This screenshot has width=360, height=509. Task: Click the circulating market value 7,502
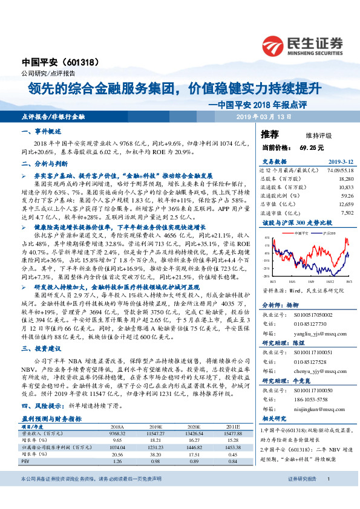(x=347, y=212)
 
